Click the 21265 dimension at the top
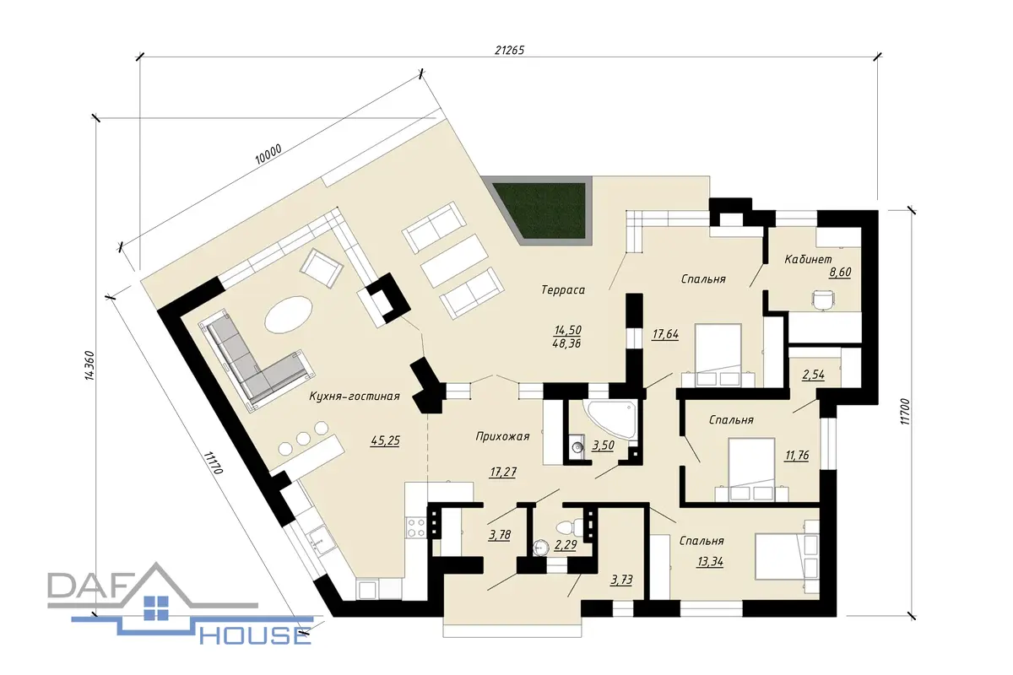point(510,50)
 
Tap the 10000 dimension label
point(268,154)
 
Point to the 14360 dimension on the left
point(89,365)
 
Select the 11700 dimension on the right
point(904,411)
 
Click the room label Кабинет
point(808,260)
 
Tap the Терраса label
point(563,289)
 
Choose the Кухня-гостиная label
point(355,397)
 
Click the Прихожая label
point(502,436)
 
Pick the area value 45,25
point(385,440)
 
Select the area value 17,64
point(665,334)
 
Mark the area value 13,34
point(710,562)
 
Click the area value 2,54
point(813,375)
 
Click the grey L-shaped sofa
point(255,360)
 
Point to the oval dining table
point(289,315)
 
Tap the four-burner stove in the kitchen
point(416,526)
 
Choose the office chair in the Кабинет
point(823,300)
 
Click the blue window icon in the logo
point(156,608)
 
